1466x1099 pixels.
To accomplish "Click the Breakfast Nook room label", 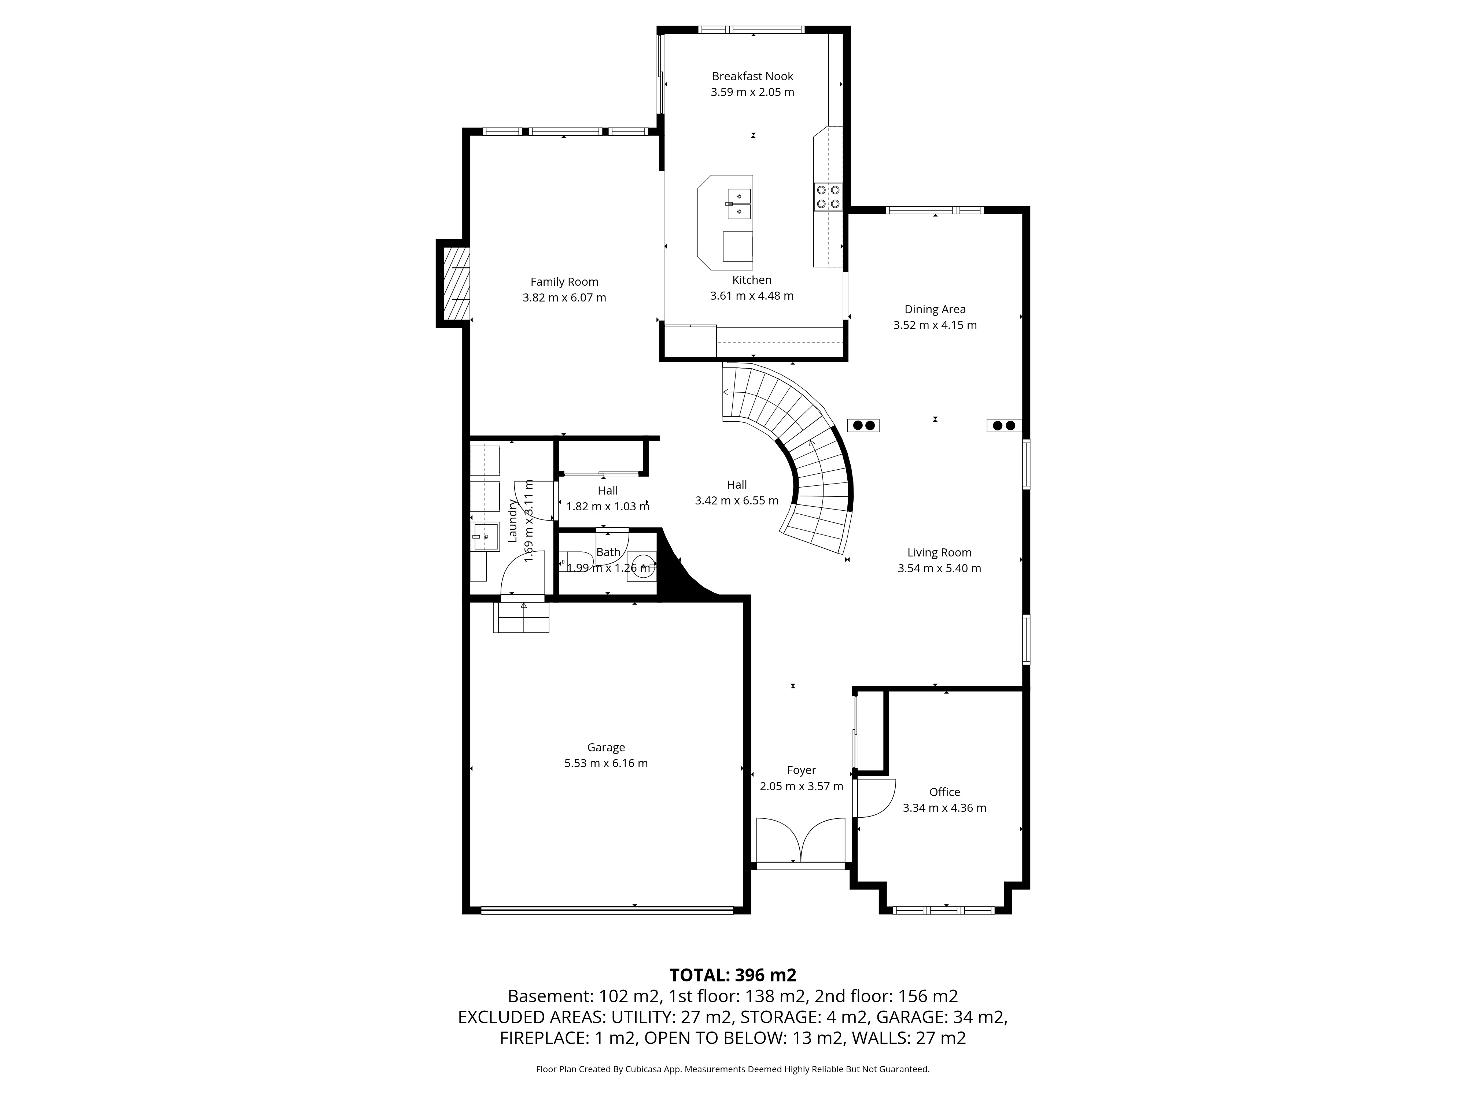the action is (x=752, y=76).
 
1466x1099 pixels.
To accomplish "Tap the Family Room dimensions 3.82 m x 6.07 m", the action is (x=564, y=297).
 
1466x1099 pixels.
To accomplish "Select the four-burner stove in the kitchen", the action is (x=828, y=197).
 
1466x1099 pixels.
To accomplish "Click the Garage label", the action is (x=606, y=747).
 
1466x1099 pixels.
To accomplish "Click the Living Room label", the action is (x=939, y=552).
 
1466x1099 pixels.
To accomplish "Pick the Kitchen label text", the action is (x=752, y=280).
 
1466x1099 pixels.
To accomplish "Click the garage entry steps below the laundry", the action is (x=522, y=617).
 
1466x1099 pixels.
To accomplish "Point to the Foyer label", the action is (x=801, y=770).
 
